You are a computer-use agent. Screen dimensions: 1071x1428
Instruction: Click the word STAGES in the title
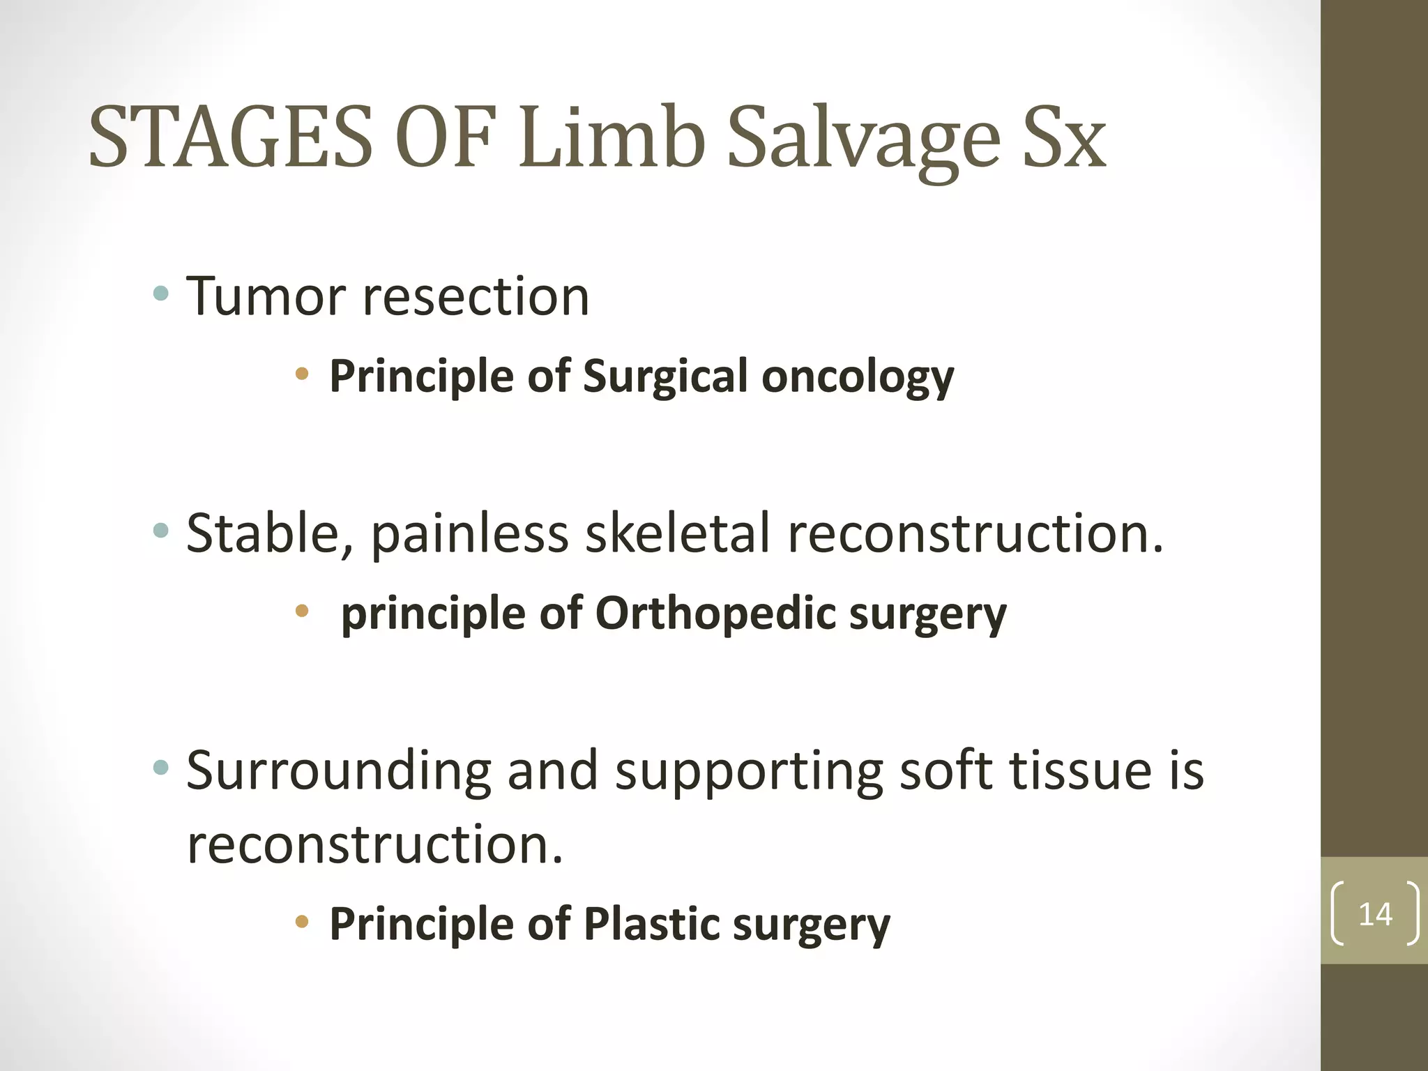coord(230,137)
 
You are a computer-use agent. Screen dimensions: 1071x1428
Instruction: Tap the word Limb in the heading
coord(611,137)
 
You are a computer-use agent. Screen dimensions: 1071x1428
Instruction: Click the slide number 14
coord(1375,914)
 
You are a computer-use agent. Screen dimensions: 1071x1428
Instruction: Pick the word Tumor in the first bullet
coord(266,296)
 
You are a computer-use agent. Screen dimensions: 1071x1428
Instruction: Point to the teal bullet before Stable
coord(161,531)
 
